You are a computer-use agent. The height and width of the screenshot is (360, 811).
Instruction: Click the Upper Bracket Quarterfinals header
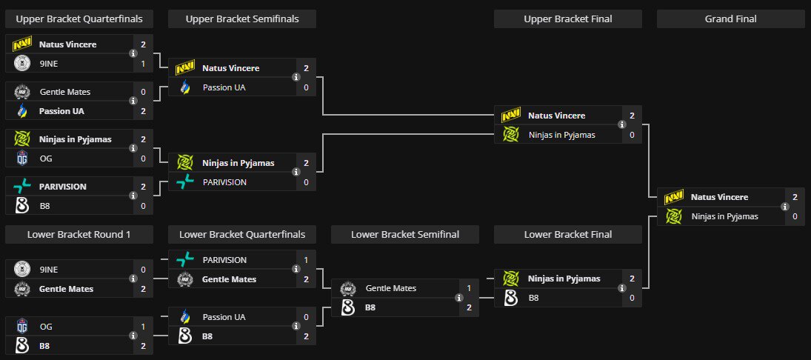coord(79,19)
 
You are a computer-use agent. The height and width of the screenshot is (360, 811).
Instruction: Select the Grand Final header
coord(730,19)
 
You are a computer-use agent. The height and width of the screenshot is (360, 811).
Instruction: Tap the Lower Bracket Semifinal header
coord(405,234)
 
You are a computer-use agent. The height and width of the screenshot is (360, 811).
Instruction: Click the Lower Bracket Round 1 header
coord(79,234)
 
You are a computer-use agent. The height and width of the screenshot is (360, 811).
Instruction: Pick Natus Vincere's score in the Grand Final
coord(795,197)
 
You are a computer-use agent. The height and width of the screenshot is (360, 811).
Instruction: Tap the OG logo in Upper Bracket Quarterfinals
coord(21,159)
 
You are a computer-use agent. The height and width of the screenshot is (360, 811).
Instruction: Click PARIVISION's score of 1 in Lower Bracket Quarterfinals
coord(306,260)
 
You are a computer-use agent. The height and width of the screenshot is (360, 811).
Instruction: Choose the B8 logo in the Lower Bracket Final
coord(510,298)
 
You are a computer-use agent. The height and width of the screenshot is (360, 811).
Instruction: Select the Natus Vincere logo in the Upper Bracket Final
coord(510,116)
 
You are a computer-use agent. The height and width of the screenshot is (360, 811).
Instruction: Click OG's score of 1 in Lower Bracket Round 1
coord(143,327)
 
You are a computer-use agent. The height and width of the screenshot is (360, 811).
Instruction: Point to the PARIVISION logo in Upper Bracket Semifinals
coord(184,182)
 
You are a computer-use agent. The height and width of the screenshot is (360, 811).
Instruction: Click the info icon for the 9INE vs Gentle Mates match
coord(133,279)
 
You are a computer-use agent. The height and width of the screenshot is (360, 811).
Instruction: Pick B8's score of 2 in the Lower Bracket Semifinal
coord(469,307)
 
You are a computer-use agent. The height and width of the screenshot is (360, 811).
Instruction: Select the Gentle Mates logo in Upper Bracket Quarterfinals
coord(21,92)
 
